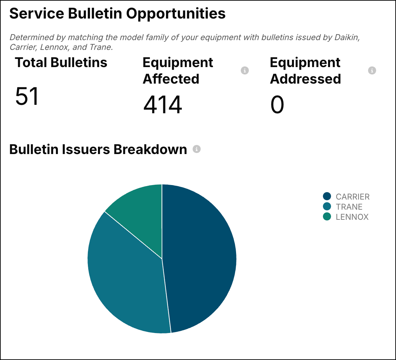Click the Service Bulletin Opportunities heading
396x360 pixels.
(x=118, y=14)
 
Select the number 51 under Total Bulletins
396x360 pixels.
(x=27, y=96)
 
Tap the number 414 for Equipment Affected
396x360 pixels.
(x=163, y=104)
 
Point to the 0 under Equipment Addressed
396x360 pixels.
(x=277, y=104)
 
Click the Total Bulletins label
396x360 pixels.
(x=61, y=63)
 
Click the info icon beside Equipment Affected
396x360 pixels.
(x=245, y=70)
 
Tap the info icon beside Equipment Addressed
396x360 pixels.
(x=372, y=70)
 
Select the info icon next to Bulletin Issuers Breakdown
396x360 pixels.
(x=197, y=149)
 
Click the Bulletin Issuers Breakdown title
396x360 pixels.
(x=98, y=149)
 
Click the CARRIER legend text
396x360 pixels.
(x=353, y=197)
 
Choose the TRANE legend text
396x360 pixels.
(x=349, y=207)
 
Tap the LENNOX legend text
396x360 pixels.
(x=352, y=217)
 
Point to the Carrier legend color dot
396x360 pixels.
(x=327, y=196)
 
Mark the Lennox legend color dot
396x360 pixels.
(x=327, y=216)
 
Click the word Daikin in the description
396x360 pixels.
(x=347, y=37)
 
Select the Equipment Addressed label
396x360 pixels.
(x=305, y=71)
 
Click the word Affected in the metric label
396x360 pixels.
(x=171, y=79)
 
